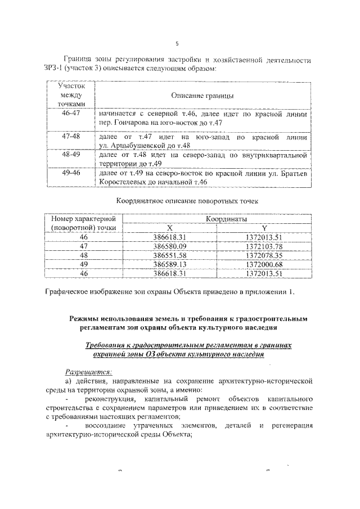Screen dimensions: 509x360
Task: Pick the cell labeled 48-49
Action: tap(71, 154)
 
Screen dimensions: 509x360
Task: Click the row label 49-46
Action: tap(71, 173)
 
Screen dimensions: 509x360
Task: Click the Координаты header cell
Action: tap(221, 219)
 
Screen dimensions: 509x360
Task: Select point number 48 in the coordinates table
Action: tap(84, 255)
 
